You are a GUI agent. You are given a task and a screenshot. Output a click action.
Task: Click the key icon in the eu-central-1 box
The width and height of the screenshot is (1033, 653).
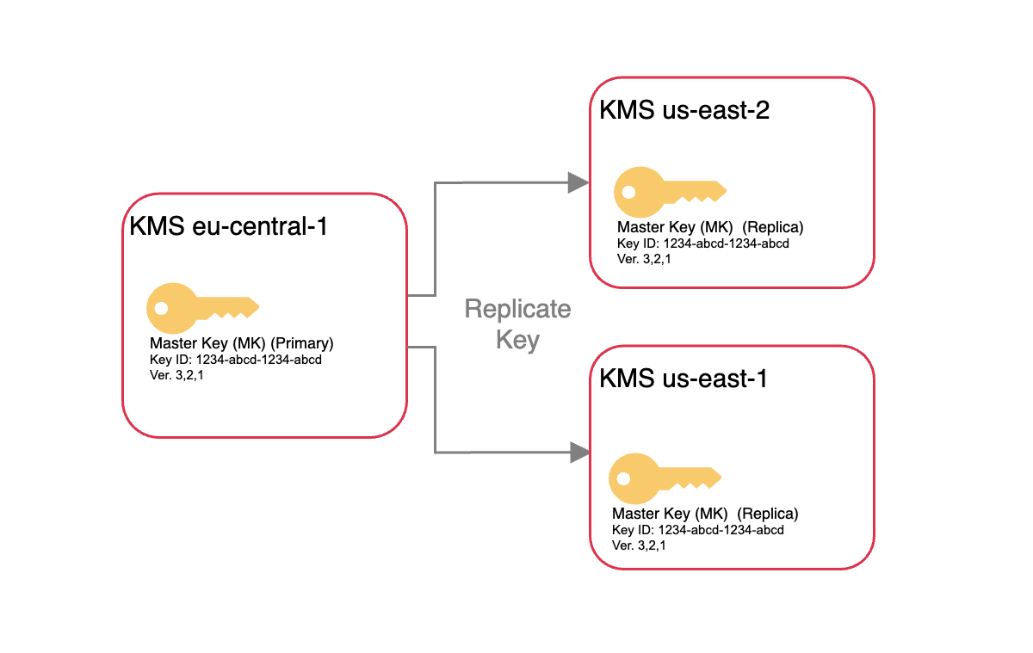202,307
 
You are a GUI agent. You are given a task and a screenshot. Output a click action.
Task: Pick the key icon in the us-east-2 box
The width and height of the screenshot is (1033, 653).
670,190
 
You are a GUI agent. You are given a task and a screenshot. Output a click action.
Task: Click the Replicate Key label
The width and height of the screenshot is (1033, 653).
517,323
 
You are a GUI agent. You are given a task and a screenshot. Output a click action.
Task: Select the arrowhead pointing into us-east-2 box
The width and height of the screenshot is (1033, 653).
578,182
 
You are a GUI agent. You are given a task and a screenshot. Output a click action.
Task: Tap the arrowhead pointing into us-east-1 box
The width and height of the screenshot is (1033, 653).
578,452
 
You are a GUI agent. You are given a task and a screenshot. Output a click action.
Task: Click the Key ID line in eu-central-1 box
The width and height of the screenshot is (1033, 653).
235,360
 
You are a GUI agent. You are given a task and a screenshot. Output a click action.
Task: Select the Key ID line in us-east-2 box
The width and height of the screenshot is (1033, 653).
702,243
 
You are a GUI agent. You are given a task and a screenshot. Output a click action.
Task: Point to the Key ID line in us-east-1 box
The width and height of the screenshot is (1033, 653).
697,530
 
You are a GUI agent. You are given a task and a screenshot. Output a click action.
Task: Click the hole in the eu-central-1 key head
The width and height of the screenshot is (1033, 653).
160,306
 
